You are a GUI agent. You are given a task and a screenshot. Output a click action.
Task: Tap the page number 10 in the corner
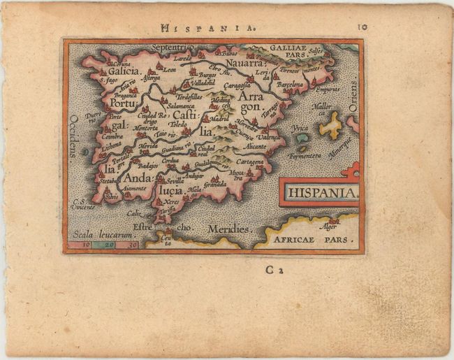pos(363,27)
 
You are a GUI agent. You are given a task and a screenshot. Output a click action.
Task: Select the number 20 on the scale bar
pos(109,245)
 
